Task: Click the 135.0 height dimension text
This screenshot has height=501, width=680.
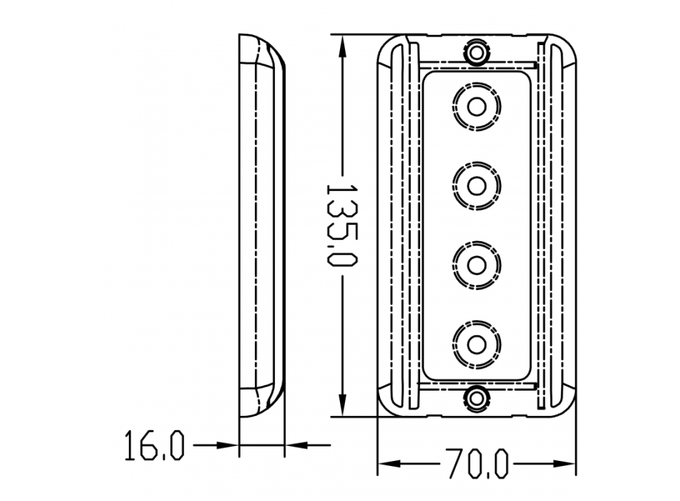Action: (341, 225)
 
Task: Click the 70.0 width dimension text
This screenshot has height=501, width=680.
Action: (477, 463)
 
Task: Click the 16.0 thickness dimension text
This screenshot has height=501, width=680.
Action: (155, 445)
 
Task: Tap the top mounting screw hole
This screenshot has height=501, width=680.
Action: (477, 53)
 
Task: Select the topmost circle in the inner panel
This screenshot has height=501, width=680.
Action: (477, 106)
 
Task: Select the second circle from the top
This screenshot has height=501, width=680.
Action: (477, 186)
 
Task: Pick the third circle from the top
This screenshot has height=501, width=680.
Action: (477, 266)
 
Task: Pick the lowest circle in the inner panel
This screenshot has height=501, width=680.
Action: (477, 345)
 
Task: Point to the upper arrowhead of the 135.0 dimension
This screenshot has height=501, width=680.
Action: (343, 47)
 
